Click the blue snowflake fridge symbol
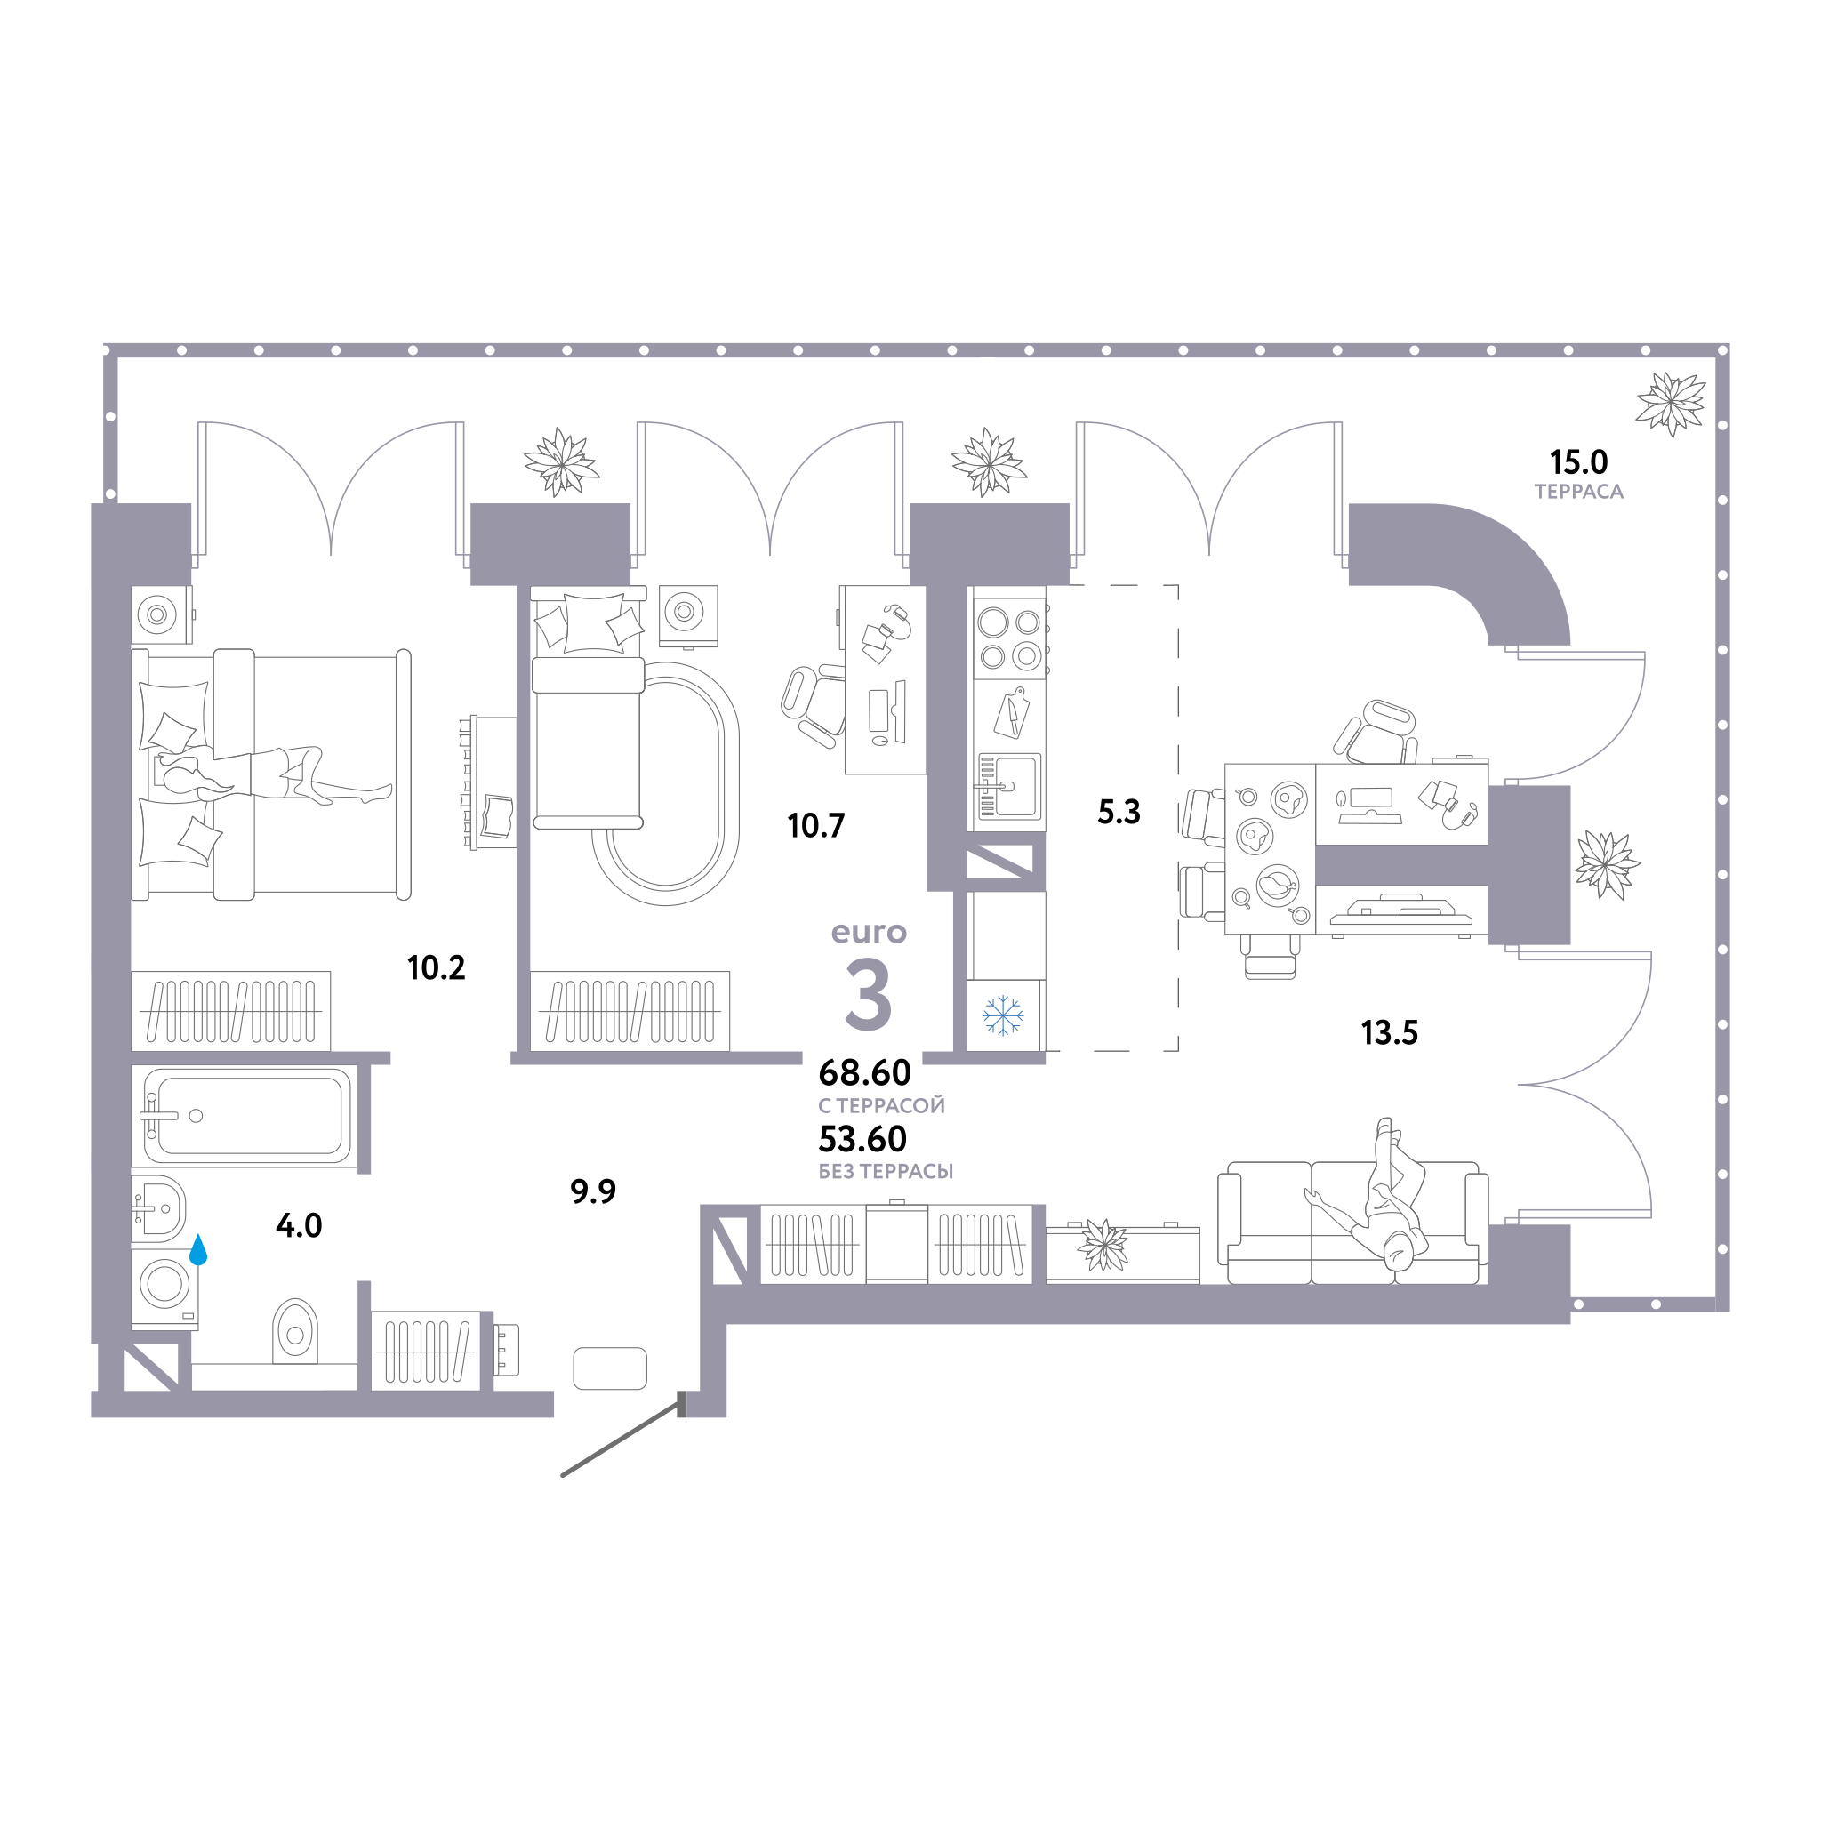coord(1003,1015)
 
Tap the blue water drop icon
coord(198,1250)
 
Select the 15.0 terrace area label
coord(1579,461)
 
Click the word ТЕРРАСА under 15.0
coord(1579,492)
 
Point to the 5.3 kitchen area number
coord(1119,812)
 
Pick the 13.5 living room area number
coord(1390,1033)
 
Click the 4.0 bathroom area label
coord(299,1225)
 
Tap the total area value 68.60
coord(864,1072)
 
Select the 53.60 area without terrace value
coord(862,1139)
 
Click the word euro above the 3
coord(869,932)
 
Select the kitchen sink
coord(1009,786)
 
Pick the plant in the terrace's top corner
coord(1670,404)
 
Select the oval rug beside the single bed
coord(665,782)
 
